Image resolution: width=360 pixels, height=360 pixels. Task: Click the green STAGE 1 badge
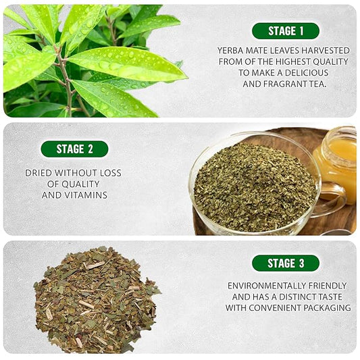coord(285,31)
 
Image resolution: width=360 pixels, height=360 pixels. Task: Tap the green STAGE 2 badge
coord(74,149)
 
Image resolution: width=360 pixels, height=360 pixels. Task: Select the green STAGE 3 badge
coord(285,263)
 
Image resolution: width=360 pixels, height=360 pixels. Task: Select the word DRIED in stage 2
coord(39,173)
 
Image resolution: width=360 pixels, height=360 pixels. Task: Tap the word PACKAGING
coord(328,307)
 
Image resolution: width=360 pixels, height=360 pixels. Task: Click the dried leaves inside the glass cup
coord(253,186)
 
